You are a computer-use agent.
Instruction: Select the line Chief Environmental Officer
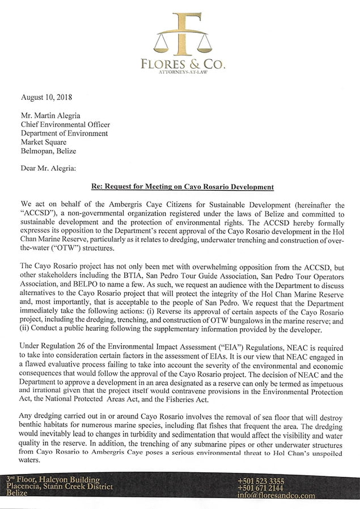click(65, 124)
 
